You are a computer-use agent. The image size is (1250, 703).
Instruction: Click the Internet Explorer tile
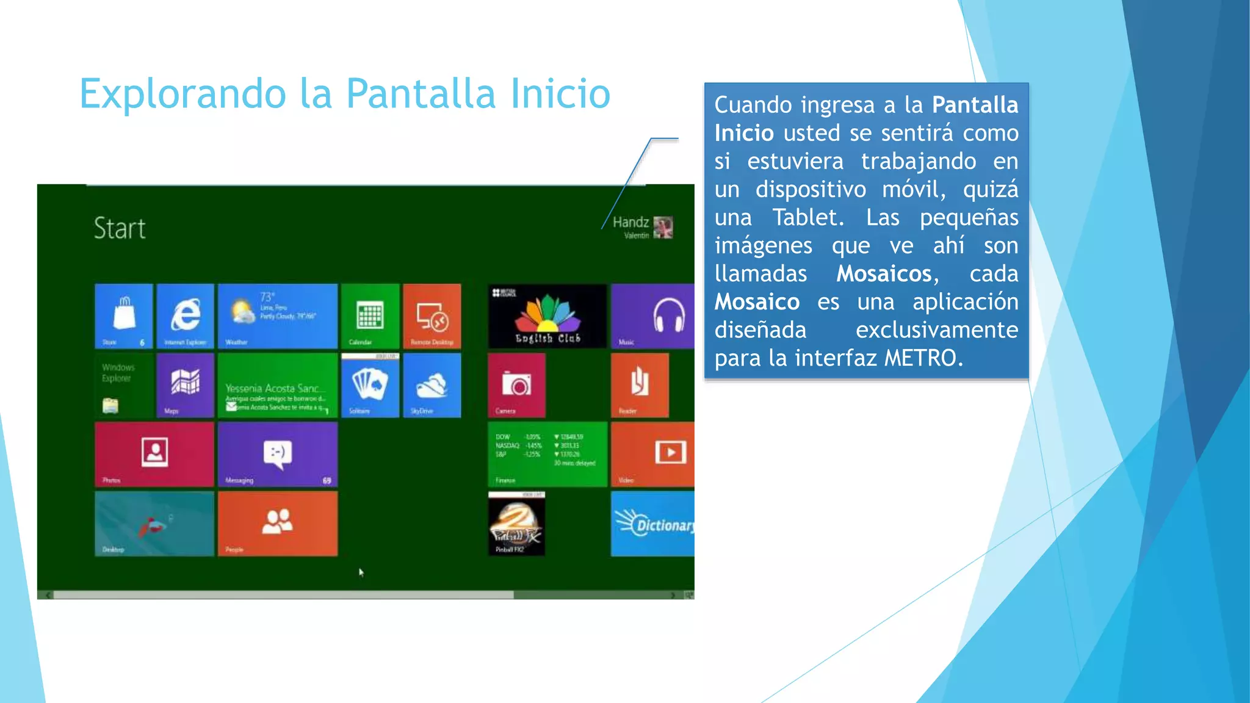click(185, 315)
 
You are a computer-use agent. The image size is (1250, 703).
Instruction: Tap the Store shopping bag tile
click(124, 315)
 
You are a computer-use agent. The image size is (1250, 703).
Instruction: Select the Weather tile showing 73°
click(278, 315)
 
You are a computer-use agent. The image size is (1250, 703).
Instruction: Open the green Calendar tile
click(370, 315)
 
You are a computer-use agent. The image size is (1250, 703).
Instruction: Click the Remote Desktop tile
click(432, 315)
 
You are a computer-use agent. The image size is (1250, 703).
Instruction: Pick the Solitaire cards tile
click(370, 385)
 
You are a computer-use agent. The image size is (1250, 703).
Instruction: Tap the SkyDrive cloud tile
click(432, 385)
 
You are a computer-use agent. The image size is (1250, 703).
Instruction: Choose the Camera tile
click(516, 385)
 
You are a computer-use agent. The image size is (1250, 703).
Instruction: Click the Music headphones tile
click(652, 315)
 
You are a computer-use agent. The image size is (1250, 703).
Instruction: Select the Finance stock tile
click(547, 454)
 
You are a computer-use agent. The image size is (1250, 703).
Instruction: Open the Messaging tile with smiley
click(278, 454)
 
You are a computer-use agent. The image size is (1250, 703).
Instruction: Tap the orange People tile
click(278, 524)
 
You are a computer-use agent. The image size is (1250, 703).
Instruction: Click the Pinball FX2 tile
click(516, 524)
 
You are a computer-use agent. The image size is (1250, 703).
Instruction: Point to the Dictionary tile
click(652, 524)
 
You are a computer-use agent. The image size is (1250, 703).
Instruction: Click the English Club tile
click(547, 315)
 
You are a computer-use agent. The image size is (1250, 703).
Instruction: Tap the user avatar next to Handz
click(663, 228)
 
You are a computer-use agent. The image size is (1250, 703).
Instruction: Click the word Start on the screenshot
click(120, 229)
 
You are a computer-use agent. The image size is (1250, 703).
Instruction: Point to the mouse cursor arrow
click(361, 572)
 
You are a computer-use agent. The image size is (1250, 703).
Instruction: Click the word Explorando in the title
click(183, 94)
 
